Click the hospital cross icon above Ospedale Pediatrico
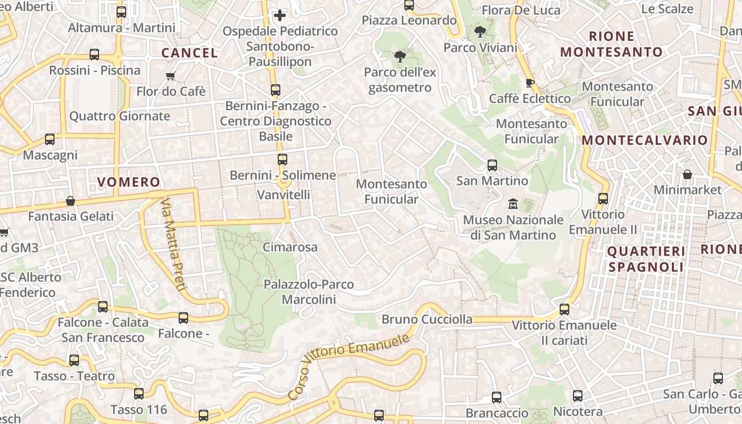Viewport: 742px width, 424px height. tap(280, 15)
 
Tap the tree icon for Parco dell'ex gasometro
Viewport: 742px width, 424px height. tap(400, 57)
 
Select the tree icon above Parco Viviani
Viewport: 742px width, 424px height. tap(480, 32)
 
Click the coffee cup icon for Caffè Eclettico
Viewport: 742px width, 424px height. tap(529, 83)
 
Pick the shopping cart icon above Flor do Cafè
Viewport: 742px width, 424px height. tap(171, 76)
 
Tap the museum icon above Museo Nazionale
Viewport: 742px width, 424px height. tap(513, 204)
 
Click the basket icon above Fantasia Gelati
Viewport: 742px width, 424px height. tap(70, 201)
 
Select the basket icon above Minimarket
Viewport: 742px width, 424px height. tap(687, 174)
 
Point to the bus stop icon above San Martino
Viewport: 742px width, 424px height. tap(492, 165)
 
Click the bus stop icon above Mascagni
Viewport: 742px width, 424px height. tap(50, 139)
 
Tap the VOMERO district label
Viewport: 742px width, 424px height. tap(129, 182)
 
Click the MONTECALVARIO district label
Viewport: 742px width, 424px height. tap(644, 140)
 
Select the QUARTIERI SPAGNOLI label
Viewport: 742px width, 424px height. tap(646, 259)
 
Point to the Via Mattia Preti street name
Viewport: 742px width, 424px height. tap(174, 245)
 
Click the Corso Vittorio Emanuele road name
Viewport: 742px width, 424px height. tap(349, 366)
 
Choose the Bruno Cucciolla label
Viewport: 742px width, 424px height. tap(427, 319)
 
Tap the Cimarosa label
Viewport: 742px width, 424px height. tap(290, 247)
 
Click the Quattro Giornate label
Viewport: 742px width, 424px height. tap(120, 116)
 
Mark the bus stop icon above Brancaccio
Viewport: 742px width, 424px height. tap(497, 397)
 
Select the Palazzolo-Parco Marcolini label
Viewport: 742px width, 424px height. tap(309, 292)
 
